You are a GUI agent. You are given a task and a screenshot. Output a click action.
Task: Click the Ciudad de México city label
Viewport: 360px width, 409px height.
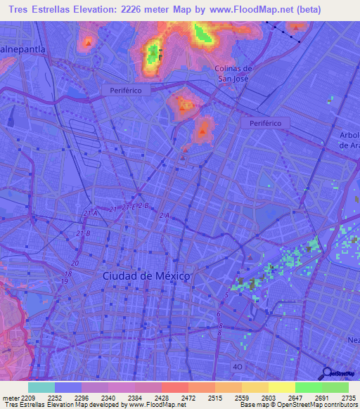click(146, 276)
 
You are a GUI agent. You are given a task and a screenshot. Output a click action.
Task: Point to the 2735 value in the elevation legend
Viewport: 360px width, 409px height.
click(347, 397)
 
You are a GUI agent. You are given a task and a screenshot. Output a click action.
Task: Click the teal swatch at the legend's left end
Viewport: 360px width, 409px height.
click(41, 387)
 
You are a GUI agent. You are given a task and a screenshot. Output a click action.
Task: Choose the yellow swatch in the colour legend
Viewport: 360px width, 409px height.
click(281, 387)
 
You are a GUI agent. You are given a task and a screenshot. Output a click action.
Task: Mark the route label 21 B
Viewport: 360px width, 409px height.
click(84, 233)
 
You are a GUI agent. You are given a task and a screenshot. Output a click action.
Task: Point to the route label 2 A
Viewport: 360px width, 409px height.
click(165, 215)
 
